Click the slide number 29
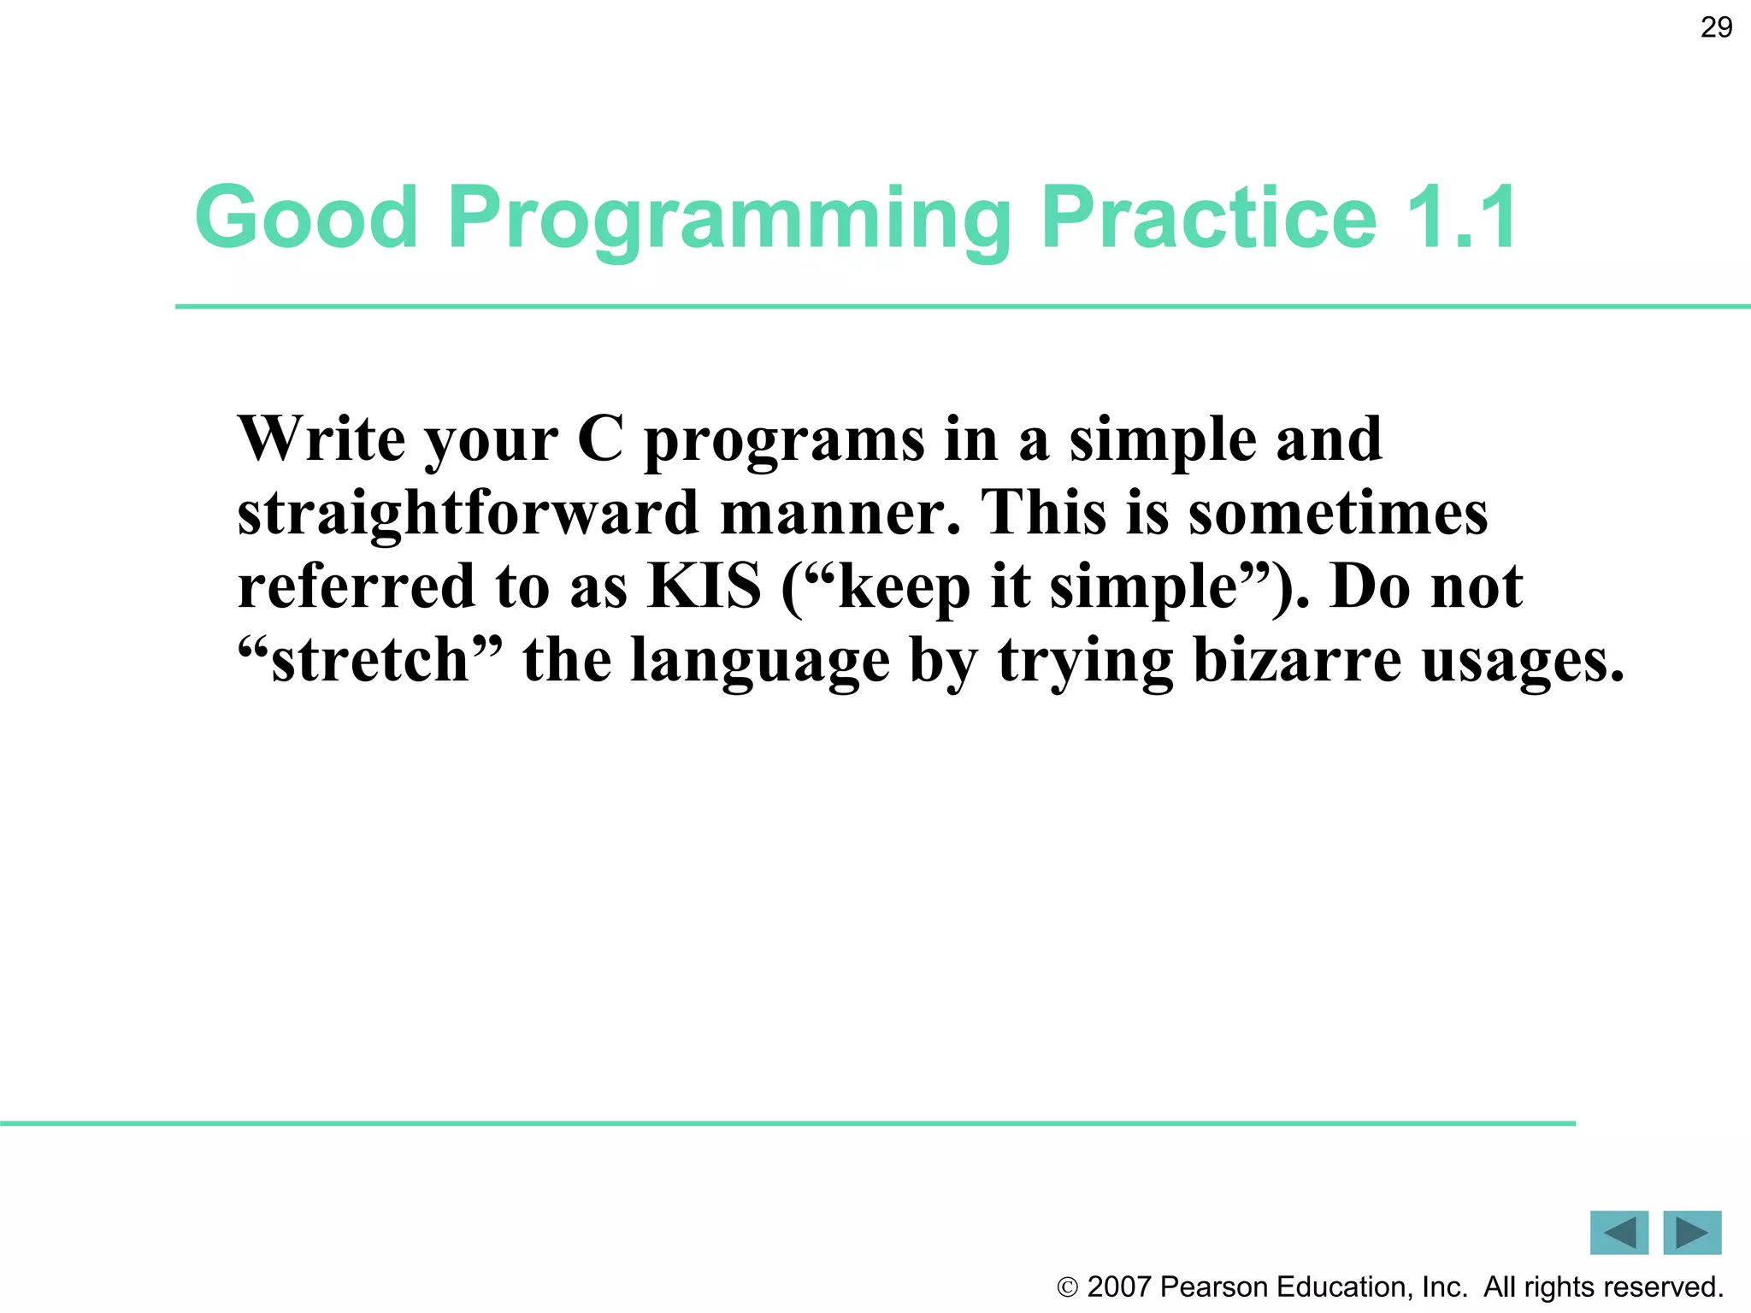1716,27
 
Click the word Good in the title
306,218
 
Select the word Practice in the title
1208,218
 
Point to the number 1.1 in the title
1461,218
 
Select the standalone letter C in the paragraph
600,439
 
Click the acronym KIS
704,586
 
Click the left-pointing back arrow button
1618,1233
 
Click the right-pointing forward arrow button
1692,1233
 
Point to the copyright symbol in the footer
1067,1287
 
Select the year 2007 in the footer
1119,1287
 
